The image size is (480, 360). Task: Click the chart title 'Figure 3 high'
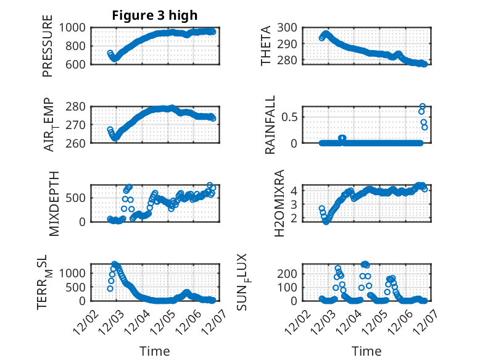coord(154,15)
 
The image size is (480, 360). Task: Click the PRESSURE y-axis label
coord(48,46)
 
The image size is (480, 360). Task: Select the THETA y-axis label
coord(266,46)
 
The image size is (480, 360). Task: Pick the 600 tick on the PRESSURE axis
coord(78,64)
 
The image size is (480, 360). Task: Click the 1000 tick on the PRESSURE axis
coord(75,27)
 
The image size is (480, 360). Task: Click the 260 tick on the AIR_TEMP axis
coord(78,143)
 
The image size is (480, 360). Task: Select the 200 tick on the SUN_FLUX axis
coord(292,273)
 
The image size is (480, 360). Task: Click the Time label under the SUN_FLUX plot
coord(366,351)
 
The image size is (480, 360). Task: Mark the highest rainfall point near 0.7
coord(423,106)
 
